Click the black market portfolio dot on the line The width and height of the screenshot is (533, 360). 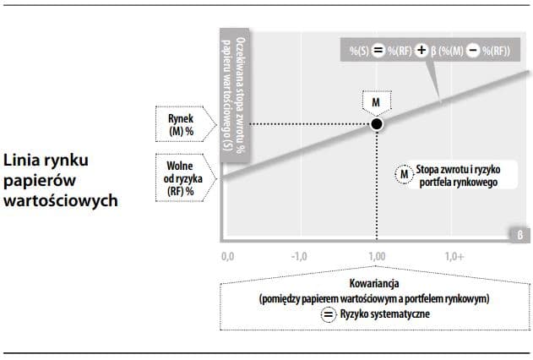(x=377, y=124)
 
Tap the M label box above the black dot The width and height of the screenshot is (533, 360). (x=377, y=102)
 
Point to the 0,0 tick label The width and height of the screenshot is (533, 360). (x=227, y=255)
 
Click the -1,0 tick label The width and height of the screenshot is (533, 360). (x=300, y=255)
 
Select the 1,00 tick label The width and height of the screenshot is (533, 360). (x=377, y=255)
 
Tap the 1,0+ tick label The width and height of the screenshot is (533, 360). (x=454, y=255)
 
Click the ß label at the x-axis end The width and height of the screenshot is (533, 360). (x=520, y=234)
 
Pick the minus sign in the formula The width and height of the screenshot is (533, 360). (x=474, y=51)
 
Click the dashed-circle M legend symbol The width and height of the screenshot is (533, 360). (x=403, y=173)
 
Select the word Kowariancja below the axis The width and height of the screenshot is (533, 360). (x=375, y=284)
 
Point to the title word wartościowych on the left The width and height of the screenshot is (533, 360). (x=60, y=202)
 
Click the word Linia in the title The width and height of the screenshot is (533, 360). (x=24, y=160)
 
